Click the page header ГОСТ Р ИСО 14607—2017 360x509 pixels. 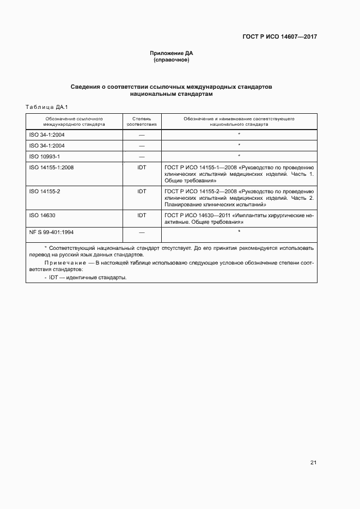point(280,37)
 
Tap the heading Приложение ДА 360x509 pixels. point(172,53)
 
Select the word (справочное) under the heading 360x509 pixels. point(172,59)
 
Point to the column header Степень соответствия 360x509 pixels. point(142,121)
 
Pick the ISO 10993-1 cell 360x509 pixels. point(44,156)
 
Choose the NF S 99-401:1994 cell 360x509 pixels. point(51,232)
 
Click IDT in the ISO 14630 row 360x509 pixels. point(142,216)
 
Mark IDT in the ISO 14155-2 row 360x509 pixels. point(142,192)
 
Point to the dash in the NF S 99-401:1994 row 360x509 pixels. point(142,232)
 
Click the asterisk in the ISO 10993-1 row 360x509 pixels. point(239,156)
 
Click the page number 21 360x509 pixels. point(313,463)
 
